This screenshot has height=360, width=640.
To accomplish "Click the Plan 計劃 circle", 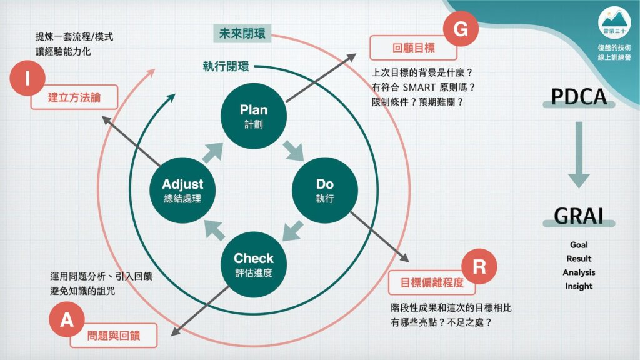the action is [254, 116].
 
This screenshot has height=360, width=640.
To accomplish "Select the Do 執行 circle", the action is [325, 190].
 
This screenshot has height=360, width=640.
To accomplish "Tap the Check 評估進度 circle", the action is [254, 264].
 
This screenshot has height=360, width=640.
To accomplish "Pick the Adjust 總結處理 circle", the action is [182, 190].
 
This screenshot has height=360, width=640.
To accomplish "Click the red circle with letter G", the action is [461, 29].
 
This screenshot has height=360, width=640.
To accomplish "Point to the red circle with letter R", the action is [479, 266].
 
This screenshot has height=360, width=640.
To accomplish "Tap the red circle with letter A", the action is [67, 319].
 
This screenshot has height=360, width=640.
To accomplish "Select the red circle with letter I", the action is [27, 78].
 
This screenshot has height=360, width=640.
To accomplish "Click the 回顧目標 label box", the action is [413, 47].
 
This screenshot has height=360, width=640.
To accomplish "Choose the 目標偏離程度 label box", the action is [432, 282].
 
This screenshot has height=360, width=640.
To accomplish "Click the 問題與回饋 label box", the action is [114, 336].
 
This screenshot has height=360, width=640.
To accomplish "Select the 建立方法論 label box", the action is [74, 97].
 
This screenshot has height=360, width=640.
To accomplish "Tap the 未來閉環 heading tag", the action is [242, 34].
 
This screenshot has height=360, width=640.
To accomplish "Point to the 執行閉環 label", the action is [226, 66].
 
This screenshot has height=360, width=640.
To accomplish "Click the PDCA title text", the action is [579, 97].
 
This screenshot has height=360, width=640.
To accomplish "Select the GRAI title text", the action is [579, 216].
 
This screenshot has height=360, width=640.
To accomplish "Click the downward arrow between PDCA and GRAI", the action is [579, 155].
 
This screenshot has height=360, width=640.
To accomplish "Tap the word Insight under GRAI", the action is [579, 286].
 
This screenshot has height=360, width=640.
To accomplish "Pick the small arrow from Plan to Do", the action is [294, 151].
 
